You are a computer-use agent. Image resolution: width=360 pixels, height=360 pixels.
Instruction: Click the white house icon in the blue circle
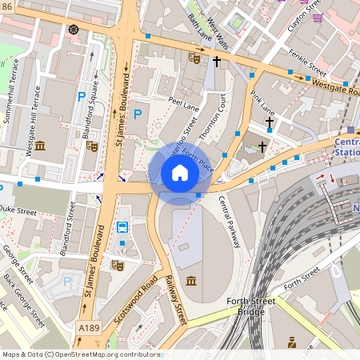pos(180,173)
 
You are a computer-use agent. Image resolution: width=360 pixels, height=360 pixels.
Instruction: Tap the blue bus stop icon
pos(122,228)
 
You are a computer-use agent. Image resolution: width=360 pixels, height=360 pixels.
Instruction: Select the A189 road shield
pos(89,328)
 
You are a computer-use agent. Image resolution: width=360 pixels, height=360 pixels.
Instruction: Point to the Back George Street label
pos(24,300)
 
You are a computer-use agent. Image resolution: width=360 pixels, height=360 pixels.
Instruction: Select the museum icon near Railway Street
pos(192,281)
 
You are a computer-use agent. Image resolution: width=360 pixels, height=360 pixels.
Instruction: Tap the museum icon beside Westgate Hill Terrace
pos(40,146)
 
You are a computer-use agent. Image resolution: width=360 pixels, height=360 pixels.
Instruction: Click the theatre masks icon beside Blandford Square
pos(92,146)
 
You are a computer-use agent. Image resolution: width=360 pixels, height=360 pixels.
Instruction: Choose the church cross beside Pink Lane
pos(270,123)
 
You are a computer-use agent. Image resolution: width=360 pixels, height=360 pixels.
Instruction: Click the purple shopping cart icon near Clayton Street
pos(318,18)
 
